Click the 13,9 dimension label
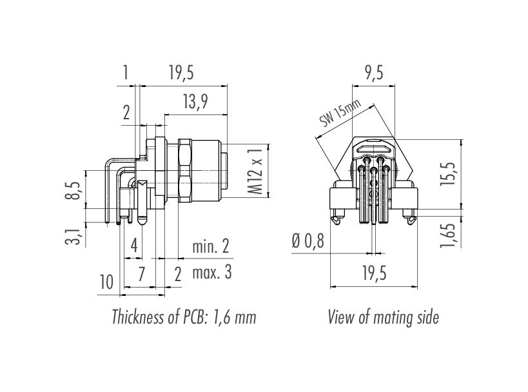(x=195, y=102)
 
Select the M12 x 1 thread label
(x=257, y=171)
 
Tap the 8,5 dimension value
(x=76, y=190)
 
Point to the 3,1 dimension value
(x=76, y=236)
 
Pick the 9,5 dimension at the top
(x=374, y=72)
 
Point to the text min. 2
(x=211, y=246)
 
